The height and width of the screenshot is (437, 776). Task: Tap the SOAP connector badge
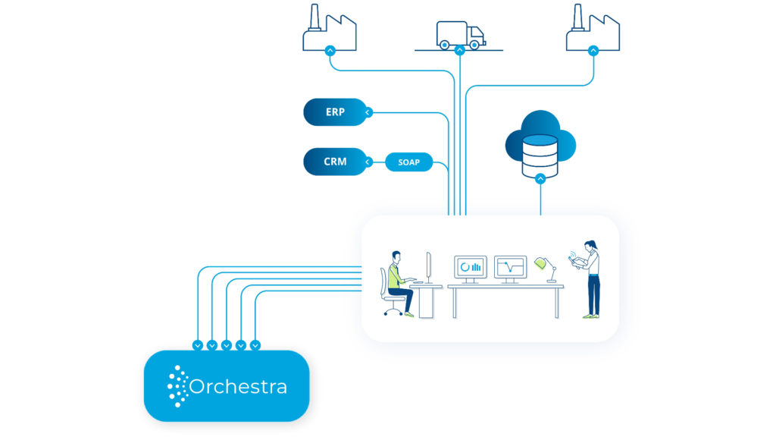(x=408, y=162)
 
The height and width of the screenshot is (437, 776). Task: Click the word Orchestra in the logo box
(x=238, y=387)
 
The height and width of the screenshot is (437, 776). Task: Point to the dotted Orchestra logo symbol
(x=177, y=386)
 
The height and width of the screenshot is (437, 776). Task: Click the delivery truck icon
(x=460, y=35)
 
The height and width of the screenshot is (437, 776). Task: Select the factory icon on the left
(x=329, y=29)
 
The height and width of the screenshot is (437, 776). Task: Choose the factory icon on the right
(x=593, y=29)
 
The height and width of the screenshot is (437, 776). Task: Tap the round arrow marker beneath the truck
(x=459, y=50)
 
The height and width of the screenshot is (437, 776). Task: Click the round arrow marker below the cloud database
(x=540, y=179)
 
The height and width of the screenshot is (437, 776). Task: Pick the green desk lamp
(x=541, y=263)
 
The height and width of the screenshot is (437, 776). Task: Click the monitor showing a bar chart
(x=471, y=267)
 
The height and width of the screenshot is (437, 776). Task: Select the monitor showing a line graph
(x=510, y=267)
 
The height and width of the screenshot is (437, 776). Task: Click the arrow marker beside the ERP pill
(x=368, y=112)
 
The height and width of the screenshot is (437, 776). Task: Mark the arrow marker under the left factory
(x=329, y=50)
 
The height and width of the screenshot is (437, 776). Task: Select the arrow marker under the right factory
(x=593, y=50)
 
